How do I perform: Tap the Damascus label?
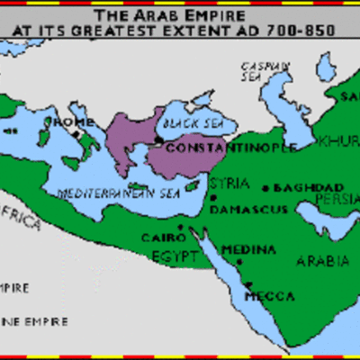249,209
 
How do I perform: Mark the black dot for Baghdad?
266,188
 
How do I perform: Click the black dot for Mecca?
247,287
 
